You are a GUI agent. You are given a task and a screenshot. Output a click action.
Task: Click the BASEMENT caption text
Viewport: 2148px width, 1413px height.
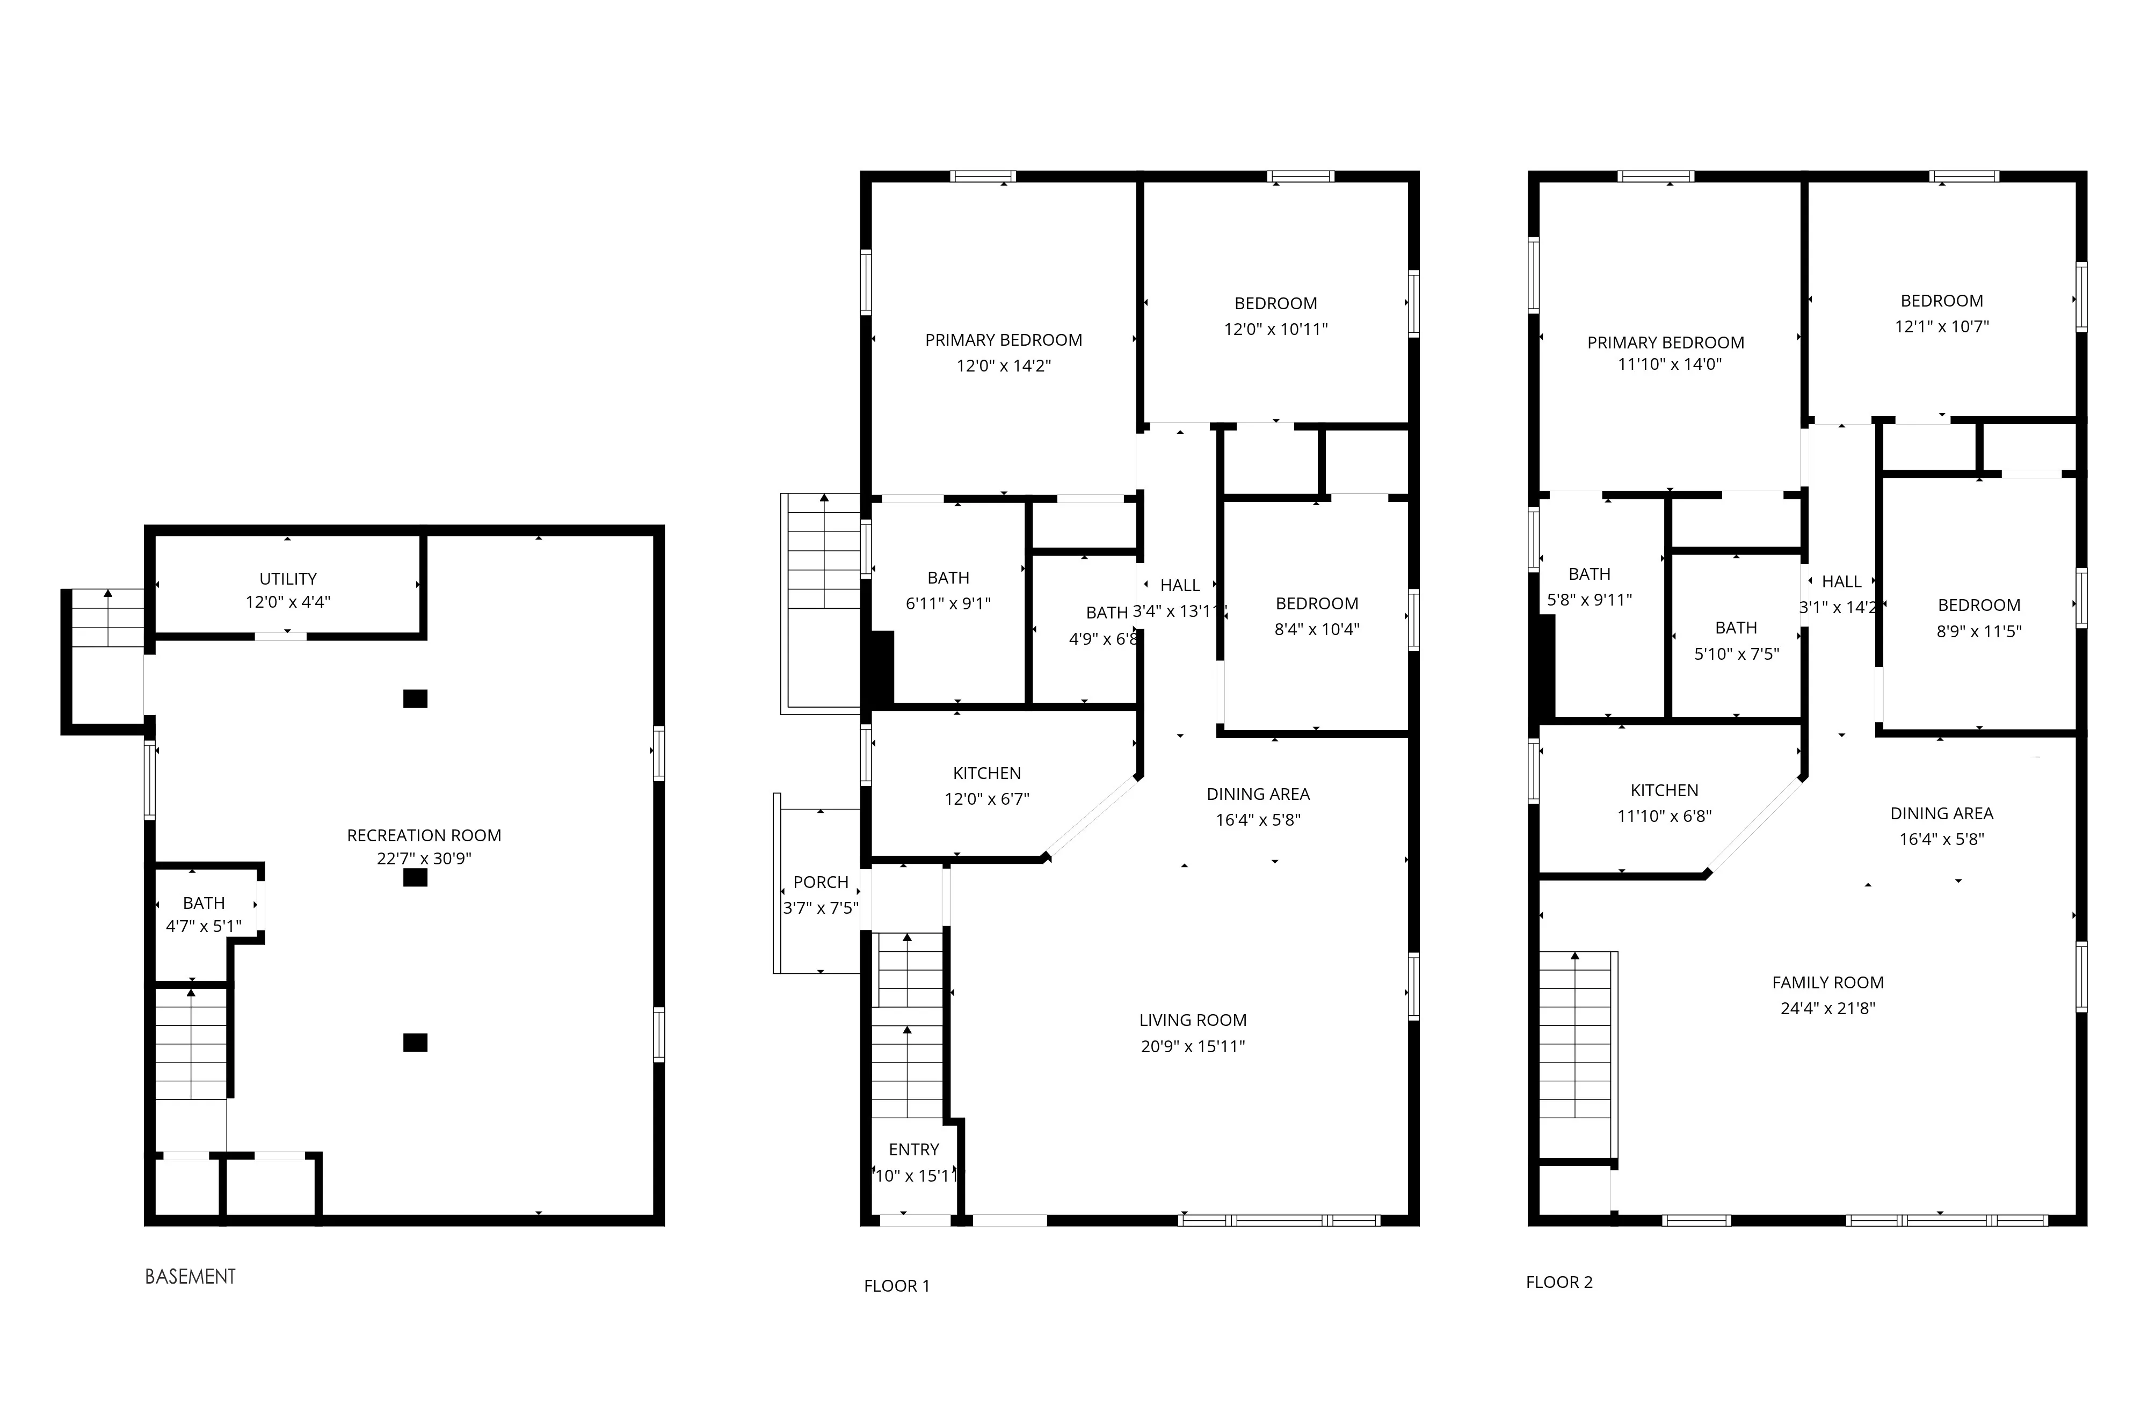(191, 1277)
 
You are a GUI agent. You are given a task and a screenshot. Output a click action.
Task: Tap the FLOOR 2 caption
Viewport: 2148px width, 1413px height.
(1559, 1282)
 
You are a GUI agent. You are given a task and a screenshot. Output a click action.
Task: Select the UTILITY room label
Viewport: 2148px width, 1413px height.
(288, 578)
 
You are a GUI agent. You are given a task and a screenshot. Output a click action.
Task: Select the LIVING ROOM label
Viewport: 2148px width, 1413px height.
(1192, 1021)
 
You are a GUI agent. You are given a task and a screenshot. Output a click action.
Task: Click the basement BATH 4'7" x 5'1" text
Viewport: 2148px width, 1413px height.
(204, 926)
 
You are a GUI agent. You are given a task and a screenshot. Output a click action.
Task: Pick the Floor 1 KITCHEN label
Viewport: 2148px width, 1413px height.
(986, 773)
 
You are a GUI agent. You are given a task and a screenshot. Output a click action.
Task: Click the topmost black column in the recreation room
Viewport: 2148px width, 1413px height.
(415, 698)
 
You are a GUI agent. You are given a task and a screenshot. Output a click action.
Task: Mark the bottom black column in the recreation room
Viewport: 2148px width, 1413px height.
(415, 1042)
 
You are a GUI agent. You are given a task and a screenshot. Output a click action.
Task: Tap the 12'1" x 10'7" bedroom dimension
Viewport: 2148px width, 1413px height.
(1941, 326)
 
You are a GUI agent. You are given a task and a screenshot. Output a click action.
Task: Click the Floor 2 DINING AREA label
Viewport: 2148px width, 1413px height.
(1941, 813)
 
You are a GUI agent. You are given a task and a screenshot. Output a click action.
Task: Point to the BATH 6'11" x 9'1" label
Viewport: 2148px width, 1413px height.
(948, 578)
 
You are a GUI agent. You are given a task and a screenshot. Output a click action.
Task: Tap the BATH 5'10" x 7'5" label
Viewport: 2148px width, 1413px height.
(1736, 628)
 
